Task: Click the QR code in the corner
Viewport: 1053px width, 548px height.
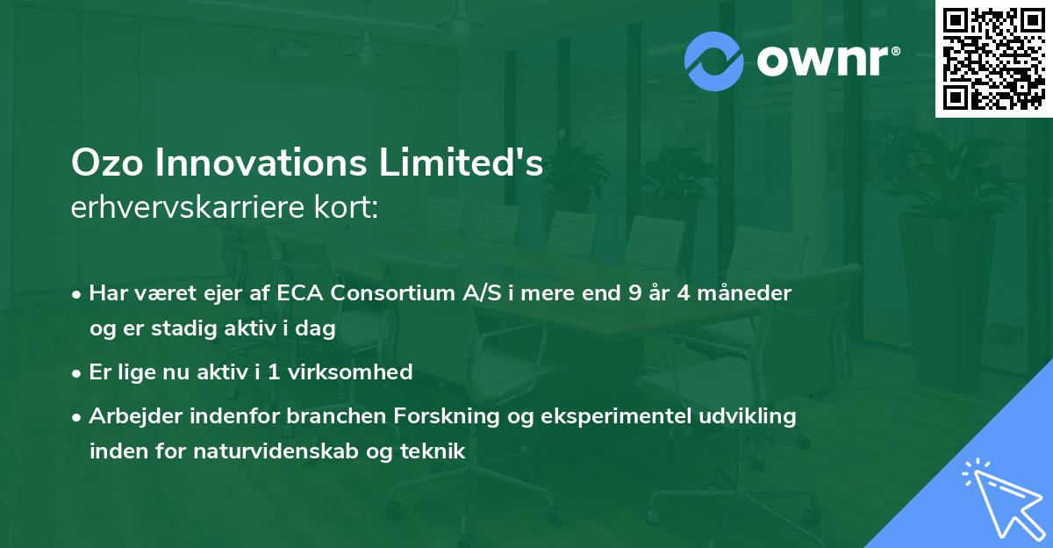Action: (993, 59)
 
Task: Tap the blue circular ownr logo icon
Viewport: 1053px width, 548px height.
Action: (713, 61)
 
